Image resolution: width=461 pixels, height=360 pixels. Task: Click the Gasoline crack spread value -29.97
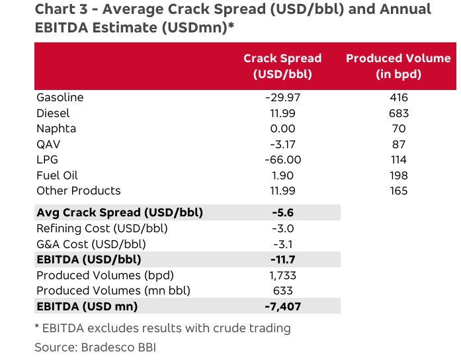(x=282, y=97)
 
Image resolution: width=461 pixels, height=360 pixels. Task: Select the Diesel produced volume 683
(x=399, y=113)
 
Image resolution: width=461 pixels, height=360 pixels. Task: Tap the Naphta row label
(x=56, y=128)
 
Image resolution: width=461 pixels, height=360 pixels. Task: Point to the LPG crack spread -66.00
(x=282, y=159)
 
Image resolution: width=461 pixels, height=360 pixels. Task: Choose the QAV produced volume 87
(x=399, y=144)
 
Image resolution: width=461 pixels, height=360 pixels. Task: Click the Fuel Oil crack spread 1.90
(x=282, y=175)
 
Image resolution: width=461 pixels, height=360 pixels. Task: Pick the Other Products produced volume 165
(x=399, y=191)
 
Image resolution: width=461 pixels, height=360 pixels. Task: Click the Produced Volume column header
(x=398, y=66)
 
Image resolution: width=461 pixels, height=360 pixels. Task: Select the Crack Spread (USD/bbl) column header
(x=282, y=66)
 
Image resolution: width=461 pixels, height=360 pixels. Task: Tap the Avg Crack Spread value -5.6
(x=282, y=212)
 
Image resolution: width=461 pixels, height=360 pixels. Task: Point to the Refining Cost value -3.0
(x=282, y=228)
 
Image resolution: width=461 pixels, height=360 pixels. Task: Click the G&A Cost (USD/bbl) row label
(x=91, y=244)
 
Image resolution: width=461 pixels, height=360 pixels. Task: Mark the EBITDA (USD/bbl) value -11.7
(x=282, y=259)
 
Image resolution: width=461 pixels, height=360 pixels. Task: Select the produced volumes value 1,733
(x=282, y=275)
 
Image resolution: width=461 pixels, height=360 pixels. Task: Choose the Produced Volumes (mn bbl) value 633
(x=282, y=291)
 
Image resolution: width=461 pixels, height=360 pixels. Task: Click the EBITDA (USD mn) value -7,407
(x=282, y=306)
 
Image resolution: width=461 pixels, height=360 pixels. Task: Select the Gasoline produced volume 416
(x=399, y=97)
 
